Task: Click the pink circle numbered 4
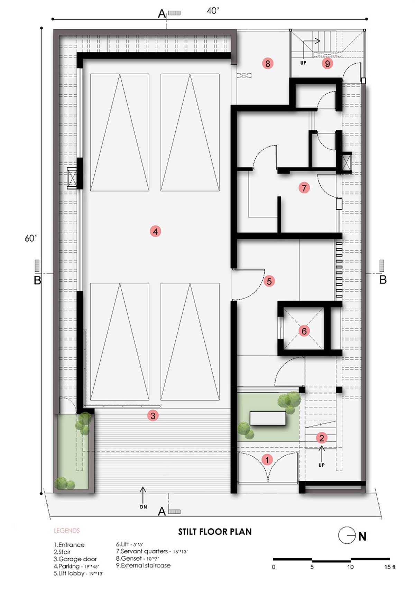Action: (155, 231)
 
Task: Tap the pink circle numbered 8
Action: (268, 63)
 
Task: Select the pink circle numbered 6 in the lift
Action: (304, 331)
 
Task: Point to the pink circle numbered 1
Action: (267, 460)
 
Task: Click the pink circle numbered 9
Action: (328, 63)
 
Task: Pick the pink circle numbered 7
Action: (304, 188)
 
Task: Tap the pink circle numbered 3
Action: (153, 415)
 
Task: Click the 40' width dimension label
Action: (213, 11)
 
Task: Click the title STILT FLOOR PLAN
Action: (215, 531)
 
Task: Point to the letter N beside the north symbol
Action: (362, 536)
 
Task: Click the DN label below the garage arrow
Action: (144, 507)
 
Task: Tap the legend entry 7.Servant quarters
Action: (152, 551)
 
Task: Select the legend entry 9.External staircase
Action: (143, 565)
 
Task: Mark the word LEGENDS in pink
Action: (67, 531)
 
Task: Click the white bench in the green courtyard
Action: (268, 418)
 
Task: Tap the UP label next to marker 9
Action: (303, 63)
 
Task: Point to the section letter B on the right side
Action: (383, 280)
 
